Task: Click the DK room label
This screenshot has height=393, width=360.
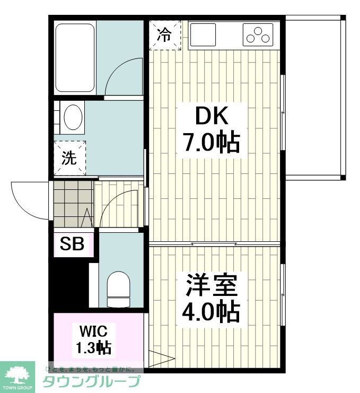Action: (211, 116)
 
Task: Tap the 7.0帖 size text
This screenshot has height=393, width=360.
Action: (211, 142)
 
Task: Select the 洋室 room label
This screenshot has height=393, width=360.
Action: (211, 286)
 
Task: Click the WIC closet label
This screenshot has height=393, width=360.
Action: (93, 332)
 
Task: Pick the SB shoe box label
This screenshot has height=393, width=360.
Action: (72, 244)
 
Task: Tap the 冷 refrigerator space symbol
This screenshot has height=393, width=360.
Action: (164, 35)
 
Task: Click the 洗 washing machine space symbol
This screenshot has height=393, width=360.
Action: (69, 158)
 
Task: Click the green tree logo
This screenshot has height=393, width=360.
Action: (18, 374)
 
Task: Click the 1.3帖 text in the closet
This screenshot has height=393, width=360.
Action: (93, 348)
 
